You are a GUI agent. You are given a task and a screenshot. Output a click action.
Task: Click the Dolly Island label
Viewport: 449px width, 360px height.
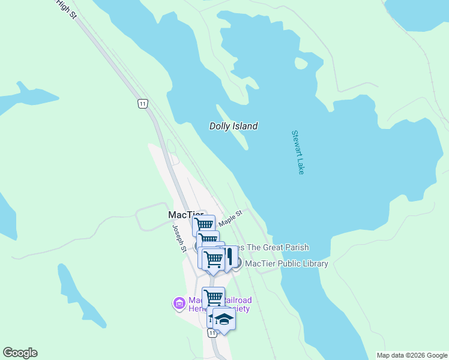coord(234,126)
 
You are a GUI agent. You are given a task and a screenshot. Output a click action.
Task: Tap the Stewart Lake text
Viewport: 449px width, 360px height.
coord(298,152)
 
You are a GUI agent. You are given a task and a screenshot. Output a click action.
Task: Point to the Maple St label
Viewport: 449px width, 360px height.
coord(230,218)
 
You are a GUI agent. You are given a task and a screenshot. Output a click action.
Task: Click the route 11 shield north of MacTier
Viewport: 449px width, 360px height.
coord(142,104)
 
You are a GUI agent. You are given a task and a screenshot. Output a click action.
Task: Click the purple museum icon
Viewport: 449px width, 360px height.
coord(179,304)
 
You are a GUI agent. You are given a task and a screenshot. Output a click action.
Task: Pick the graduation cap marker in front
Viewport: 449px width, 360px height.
coord(224,319)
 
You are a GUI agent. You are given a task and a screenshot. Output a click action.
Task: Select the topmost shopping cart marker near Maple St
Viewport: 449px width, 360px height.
coord(204,225)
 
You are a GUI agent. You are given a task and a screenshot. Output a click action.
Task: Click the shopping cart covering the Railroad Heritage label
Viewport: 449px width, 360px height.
coord(214,297)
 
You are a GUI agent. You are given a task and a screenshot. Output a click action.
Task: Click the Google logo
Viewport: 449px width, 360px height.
coord(20,353)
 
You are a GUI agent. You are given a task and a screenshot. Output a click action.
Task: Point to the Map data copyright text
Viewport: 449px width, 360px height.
coord(411,355)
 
